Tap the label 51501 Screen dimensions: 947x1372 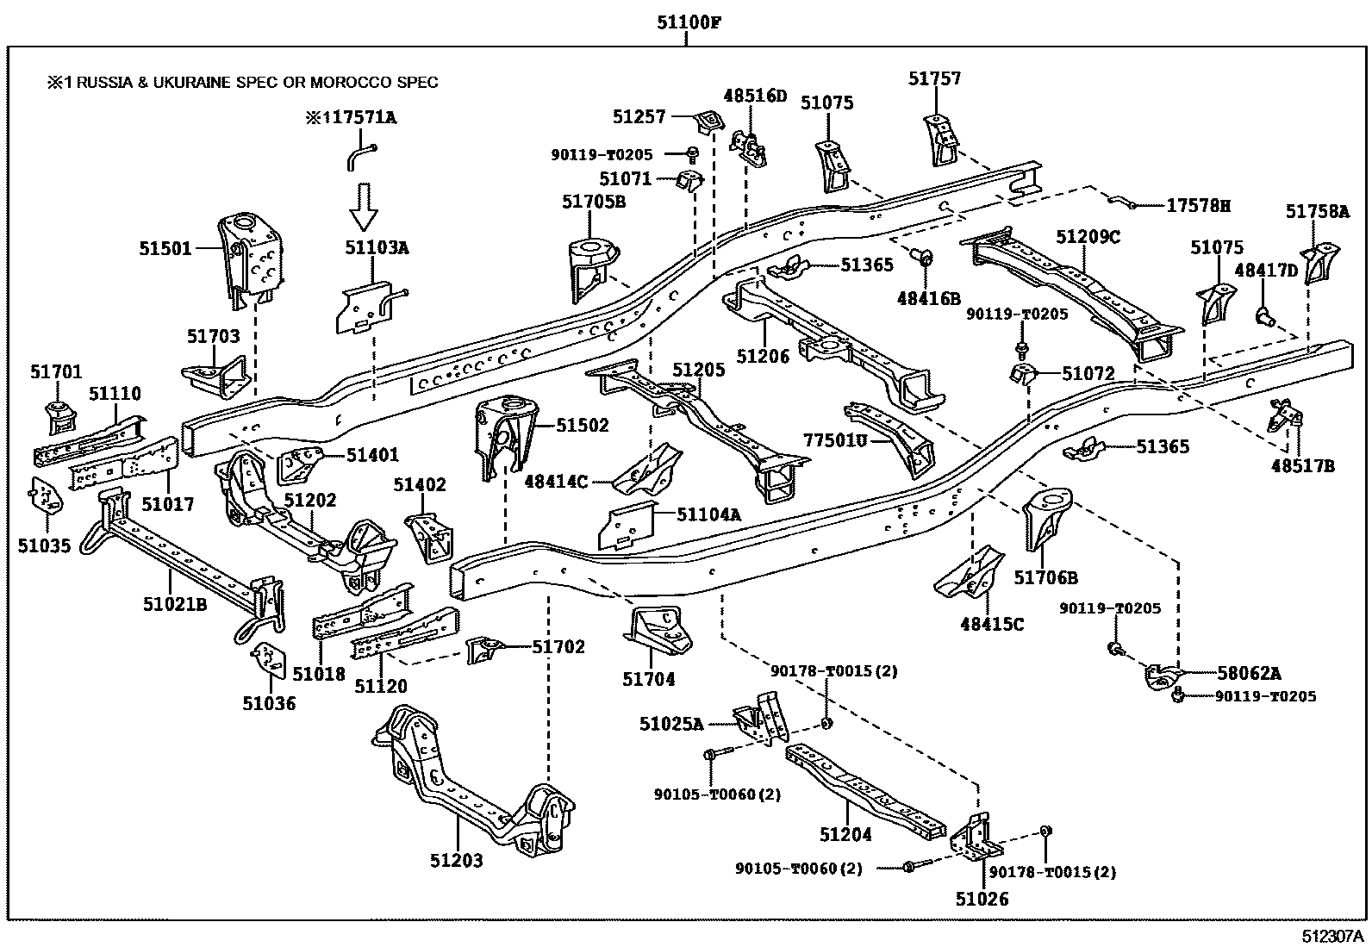coord(165,249)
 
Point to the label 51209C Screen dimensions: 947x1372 coord(1088,237)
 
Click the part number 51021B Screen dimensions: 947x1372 coord(175,604)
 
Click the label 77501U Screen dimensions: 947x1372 coord(835,440)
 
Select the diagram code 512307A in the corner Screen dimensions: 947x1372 coord(1333,936)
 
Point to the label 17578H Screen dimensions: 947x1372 coord(1198,206)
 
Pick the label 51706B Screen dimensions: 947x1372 coord(1045,578)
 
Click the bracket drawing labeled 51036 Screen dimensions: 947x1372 coord(271,658)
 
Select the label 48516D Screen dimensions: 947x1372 coord(755,96)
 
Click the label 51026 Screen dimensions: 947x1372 coord(982,899)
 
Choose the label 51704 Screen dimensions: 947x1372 coord(649,679)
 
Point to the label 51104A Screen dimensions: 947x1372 coord(708,514)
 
